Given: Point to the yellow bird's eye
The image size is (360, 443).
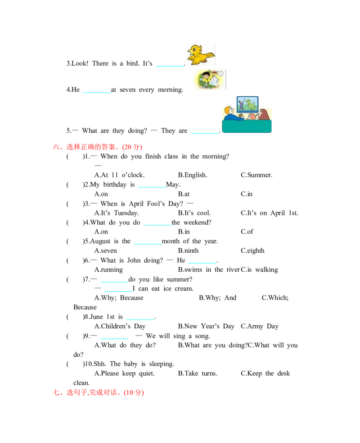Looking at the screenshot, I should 195,47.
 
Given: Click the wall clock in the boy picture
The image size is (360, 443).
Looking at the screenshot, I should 220,73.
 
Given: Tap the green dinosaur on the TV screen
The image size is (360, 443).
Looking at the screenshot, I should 250,105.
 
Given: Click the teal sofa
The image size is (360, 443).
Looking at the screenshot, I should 247,126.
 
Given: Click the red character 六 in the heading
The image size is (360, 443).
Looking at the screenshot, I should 55,147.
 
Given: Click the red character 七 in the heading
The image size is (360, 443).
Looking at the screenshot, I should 56,393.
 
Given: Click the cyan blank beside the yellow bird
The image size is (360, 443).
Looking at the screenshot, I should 170,67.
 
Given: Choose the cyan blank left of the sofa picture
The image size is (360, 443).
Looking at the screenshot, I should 203,133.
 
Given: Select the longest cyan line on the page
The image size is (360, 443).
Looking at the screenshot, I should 151,293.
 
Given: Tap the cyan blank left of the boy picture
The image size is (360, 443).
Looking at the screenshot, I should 97,92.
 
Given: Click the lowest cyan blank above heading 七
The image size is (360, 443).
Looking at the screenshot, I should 113,340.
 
